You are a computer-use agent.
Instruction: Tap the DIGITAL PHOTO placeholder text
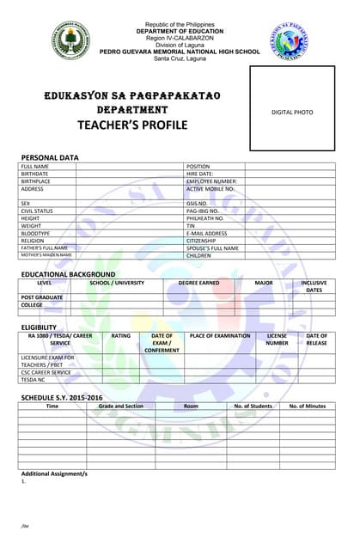click(292, 113)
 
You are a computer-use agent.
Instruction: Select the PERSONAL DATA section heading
click(50, 157)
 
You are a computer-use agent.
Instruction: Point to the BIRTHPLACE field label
click(36, 181)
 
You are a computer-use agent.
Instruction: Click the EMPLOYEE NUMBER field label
click(211, 181)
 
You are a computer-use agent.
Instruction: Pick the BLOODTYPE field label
click(36, 233)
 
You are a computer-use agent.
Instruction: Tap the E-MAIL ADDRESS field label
click(207, 233)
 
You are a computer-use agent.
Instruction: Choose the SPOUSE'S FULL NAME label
click(212, 248)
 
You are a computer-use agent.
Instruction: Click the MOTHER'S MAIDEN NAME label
click(46, 255)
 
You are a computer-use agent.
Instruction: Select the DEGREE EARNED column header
click(198, 283)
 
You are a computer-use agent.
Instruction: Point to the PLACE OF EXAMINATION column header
click(220, 336)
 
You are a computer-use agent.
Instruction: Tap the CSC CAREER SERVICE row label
click(46, 372)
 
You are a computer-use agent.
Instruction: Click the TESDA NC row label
click(33, 379)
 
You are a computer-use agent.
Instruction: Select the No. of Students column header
click(253, 406)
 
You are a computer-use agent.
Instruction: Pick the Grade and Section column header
click(120, 406)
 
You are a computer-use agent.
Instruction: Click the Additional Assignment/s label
click(54, 474)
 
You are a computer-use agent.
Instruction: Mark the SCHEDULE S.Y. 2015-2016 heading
click(62, 397)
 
